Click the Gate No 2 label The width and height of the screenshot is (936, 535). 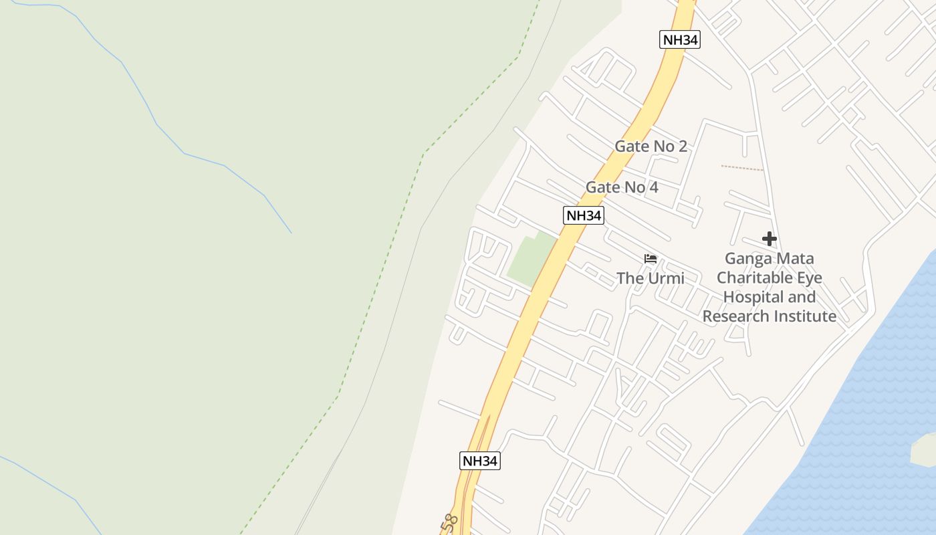(651, 146)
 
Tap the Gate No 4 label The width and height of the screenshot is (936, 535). (622, 187)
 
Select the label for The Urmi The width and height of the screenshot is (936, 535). (650, 278)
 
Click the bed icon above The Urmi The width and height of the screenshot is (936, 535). (650, 259)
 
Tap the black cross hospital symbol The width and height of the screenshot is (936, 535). (769, 239)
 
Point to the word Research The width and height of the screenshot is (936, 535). (731, 316)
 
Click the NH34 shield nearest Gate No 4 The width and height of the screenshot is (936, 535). (584, 215)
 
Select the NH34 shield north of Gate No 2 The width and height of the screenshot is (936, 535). (680, 40)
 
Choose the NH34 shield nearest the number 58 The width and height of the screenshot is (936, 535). (480, 461)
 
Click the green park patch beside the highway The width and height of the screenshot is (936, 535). (532, 261)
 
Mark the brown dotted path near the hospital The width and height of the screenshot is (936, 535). (741, 168)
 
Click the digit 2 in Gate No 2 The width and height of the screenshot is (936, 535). (682, 146)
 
